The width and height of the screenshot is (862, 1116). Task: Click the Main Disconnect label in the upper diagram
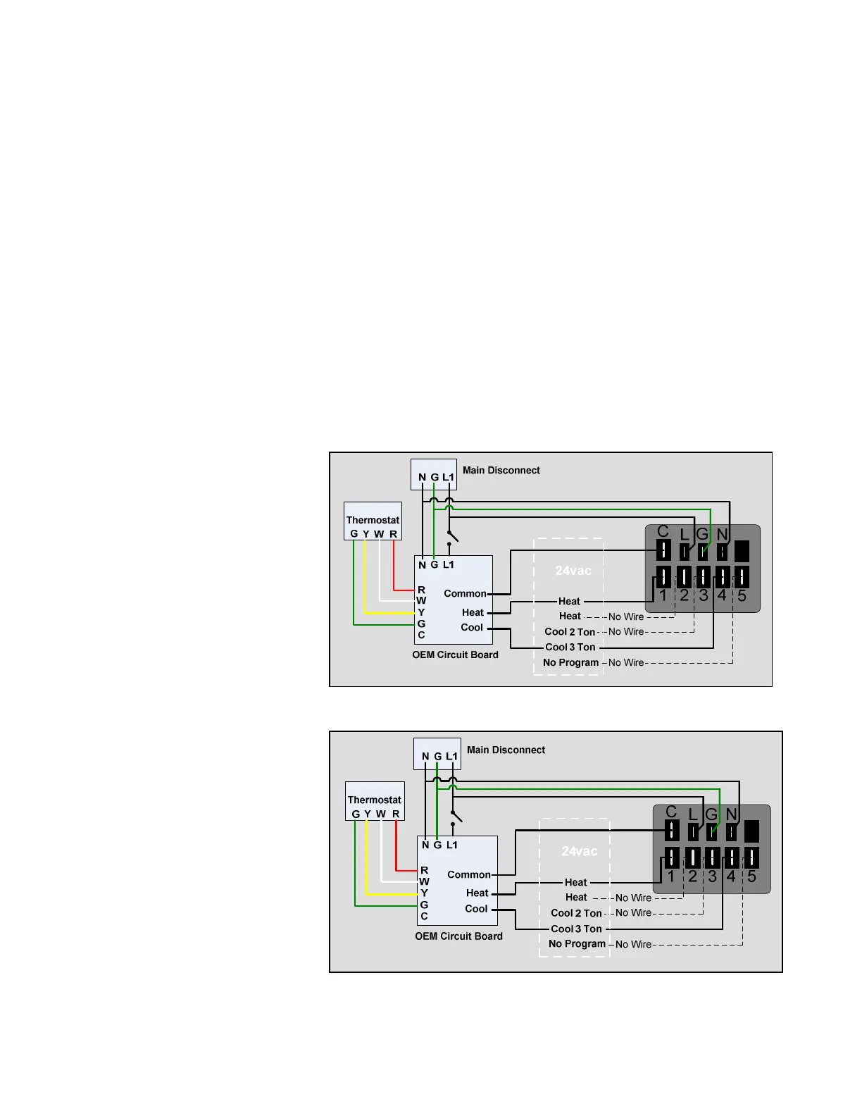[x=501, y=471]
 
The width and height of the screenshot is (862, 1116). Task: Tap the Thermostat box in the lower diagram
[x=375, y=801]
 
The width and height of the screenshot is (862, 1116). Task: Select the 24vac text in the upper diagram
[x=573, y=571]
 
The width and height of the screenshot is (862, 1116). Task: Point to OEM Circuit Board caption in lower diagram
[x=458, y=936]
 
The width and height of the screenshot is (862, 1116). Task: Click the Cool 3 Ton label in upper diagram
[x=570, y=647]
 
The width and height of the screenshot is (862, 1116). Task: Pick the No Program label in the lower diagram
[x=577, y=944]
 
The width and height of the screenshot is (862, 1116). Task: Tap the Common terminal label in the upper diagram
[x=465, y=594]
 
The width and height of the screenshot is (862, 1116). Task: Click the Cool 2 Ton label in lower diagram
[x=576, y=913]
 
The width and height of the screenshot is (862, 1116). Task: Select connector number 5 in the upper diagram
[x=742, y=596]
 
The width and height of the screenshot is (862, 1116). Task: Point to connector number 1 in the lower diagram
[x=671, y=876]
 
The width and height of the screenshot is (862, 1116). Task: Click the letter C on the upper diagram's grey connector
[x=663, y=531]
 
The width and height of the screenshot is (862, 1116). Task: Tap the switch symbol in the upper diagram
[x=452, y=536]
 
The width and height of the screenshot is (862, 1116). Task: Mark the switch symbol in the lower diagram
[x=456, y=816]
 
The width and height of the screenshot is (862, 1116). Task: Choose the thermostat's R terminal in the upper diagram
[x=393, y=534]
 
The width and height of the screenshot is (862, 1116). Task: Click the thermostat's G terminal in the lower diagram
[x=356, y=814]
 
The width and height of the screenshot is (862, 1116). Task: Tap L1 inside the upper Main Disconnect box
[x=448, y=478]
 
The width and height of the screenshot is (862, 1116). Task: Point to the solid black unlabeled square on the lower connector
[x=751, y=831]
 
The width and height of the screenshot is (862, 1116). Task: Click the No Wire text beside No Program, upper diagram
[x=626, y=663]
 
